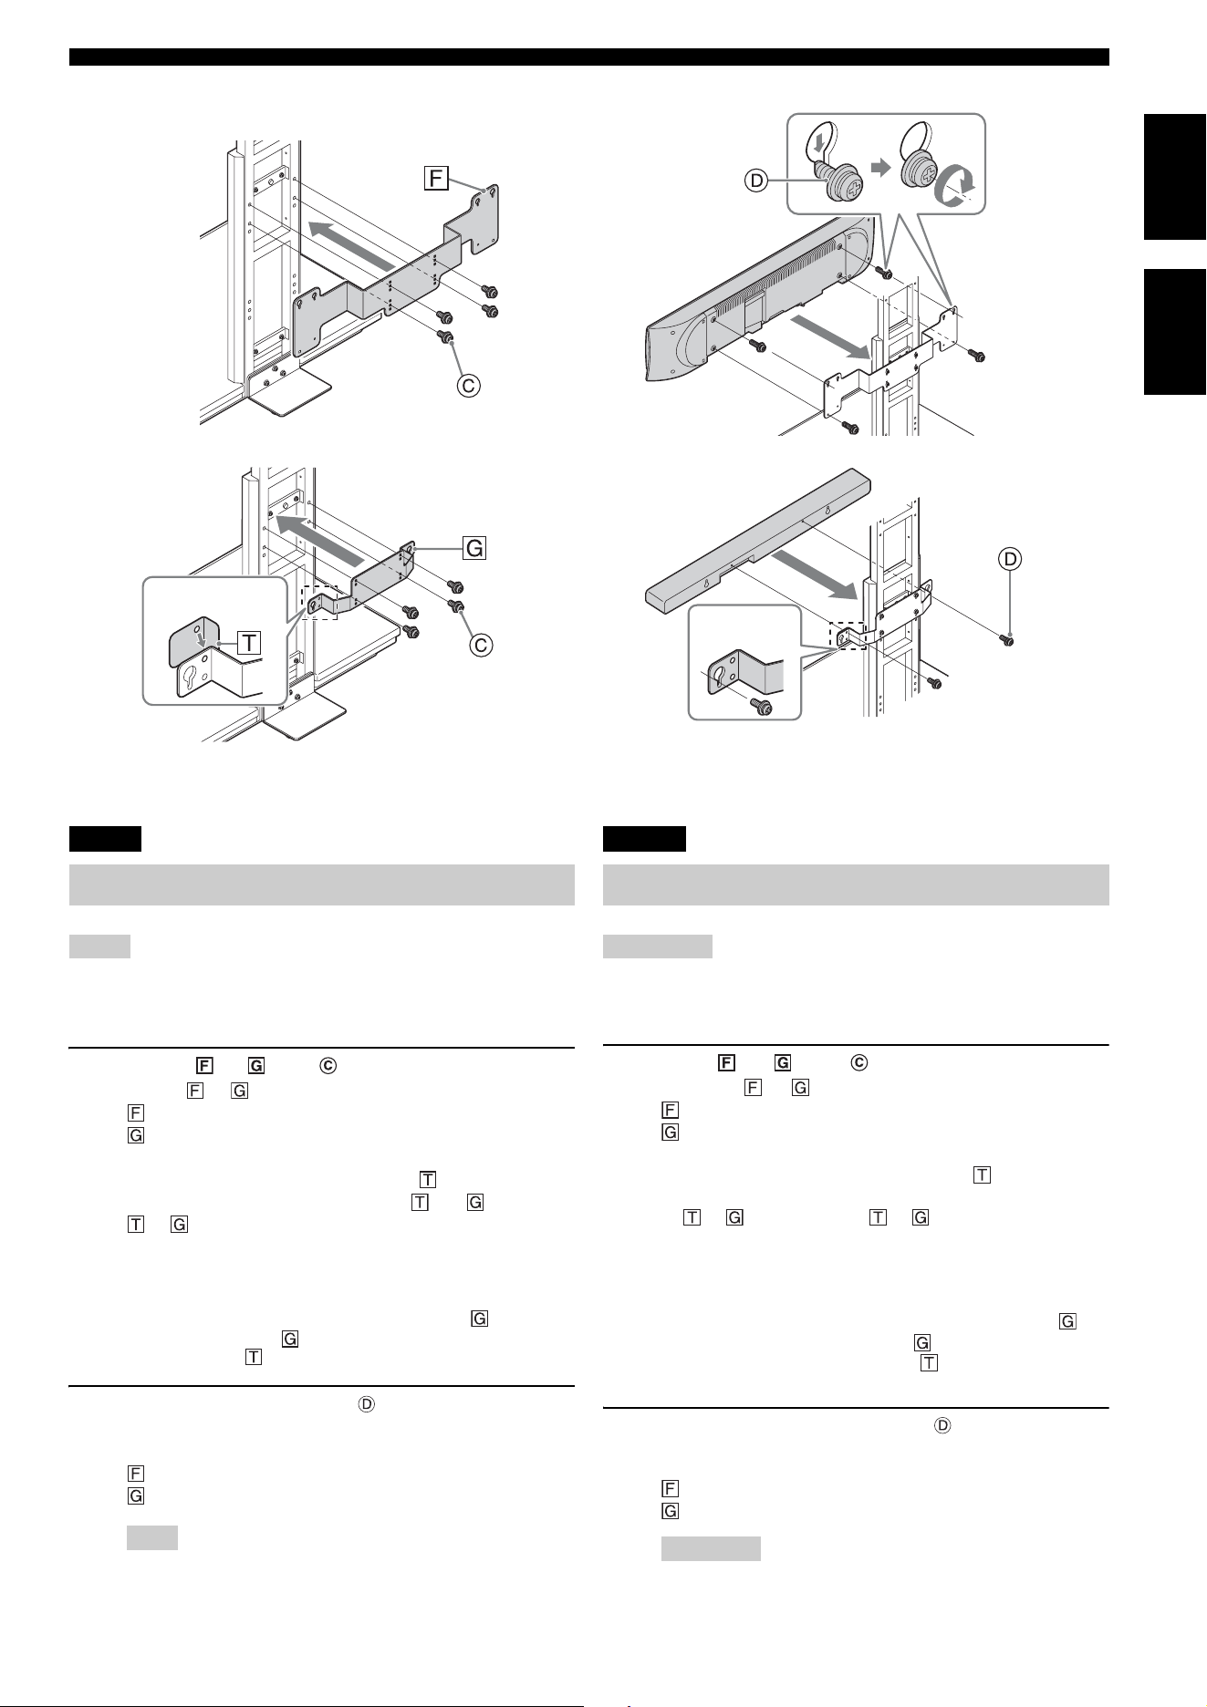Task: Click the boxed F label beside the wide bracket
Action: (436, 177)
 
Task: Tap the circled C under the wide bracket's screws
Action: (467, 386)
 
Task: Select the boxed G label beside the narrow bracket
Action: (474, 548)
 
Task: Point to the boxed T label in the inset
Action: (248, 644)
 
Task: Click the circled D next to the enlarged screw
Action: (756, 181)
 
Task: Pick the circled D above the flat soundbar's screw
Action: (1012, 558)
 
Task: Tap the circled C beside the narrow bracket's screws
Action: (481, 645)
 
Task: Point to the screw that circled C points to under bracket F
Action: (447, 338)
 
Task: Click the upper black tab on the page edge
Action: (1175, 177)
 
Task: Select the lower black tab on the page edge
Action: (1175, 332)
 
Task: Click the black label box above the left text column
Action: (105, 838)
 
